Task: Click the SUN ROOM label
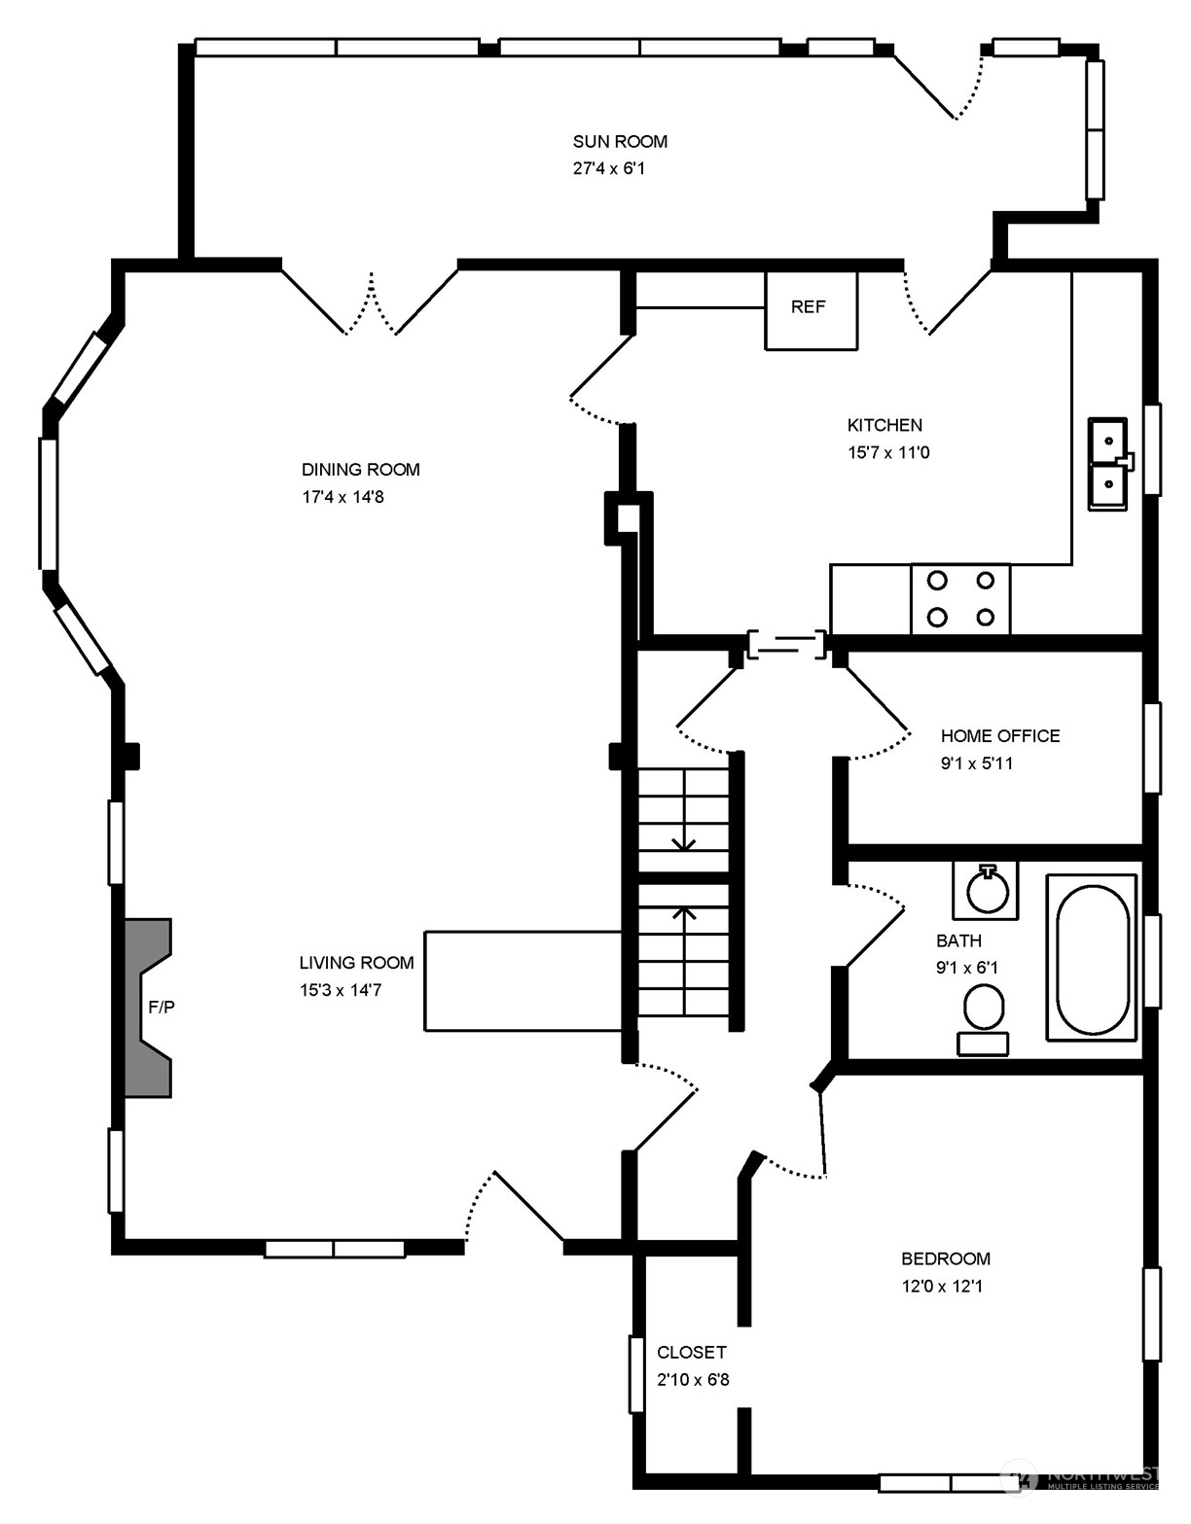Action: (x=620, y=142)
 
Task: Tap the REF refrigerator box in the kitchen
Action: (x=811, y=310)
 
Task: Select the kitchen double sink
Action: (x=1109, y=464)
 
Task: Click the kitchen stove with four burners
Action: (x=960, y=599)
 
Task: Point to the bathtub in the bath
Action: (x=1092, y=957)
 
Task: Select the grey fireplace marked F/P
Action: (x=148, y=1008)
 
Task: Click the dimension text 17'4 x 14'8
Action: (x=343, y=497)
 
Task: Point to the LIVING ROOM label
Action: (x=356, y=963)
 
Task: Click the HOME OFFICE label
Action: (x=1000, y=735)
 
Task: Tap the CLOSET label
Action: (x=692, y=1352)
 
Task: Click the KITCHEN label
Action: (x=884, y=425)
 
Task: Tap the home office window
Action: (x=1152, y=748)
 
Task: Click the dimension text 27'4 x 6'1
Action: (x=609, y=169)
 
